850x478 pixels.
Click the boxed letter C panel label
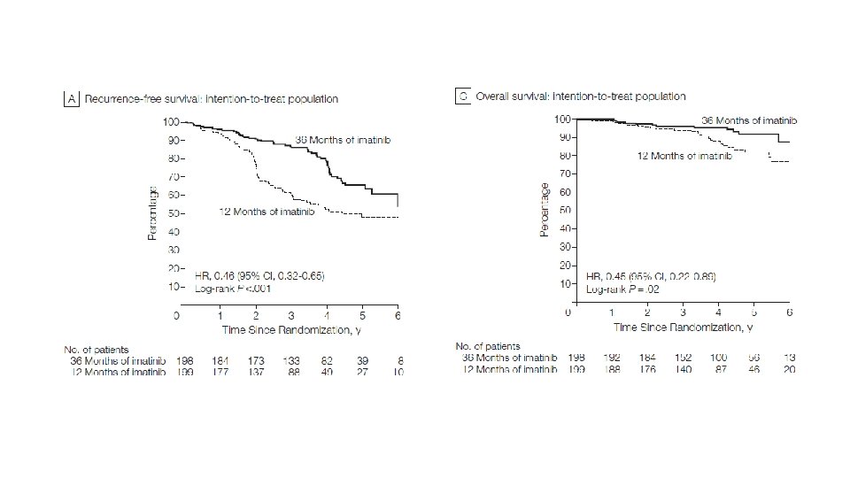coord(461,96)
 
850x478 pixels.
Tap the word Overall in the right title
coord(495,96)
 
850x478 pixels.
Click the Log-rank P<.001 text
coord(220,288)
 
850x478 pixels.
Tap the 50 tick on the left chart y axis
coord(175,213)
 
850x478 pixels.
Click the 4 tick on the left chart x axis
coord(326,315)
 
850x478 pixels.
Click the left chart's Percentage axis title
coord(152,212)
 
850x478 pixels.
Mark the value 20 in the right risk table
coord(789,369)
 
